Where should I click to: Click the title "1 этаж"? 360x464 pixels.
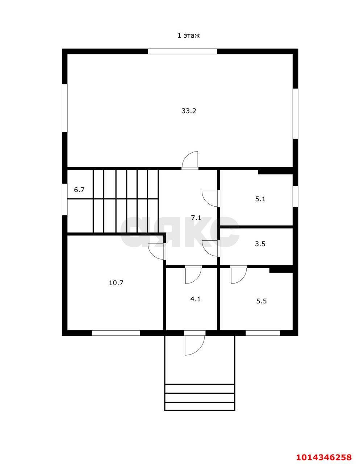(189, 36)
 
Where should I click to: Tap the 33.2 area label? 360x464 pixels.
(189, 111)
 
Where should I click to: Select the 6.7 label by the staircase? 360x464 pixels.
(79, 190)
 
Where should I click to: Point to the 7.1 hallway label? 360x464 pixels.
(196, 218)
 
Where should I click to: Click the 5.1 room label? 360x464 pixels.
(260, 199)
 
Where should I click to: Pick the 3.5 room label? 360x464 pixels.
(260, 244)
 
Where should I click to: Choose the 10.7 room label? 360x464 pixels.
(116, 283)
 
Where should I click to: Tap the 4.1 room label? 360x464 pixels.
(196, 299)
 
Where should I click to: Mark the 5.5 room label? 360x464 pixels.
(261, 301)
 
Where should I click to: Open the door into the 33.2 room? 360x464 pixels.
(190, 161)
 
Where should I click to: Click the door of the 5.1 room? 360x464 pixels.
(211, 199)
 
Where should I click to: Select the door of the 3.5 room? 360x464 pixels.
(211, 248)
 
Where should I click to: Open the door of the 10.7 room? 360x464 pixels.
(157, 251)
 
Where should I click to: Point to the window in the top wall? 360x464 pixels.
(183, 51)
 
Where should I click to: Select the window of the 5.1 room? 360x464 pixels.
(295, 196)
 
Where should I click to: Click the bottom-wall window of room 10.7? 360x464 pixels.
(116, 333)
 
